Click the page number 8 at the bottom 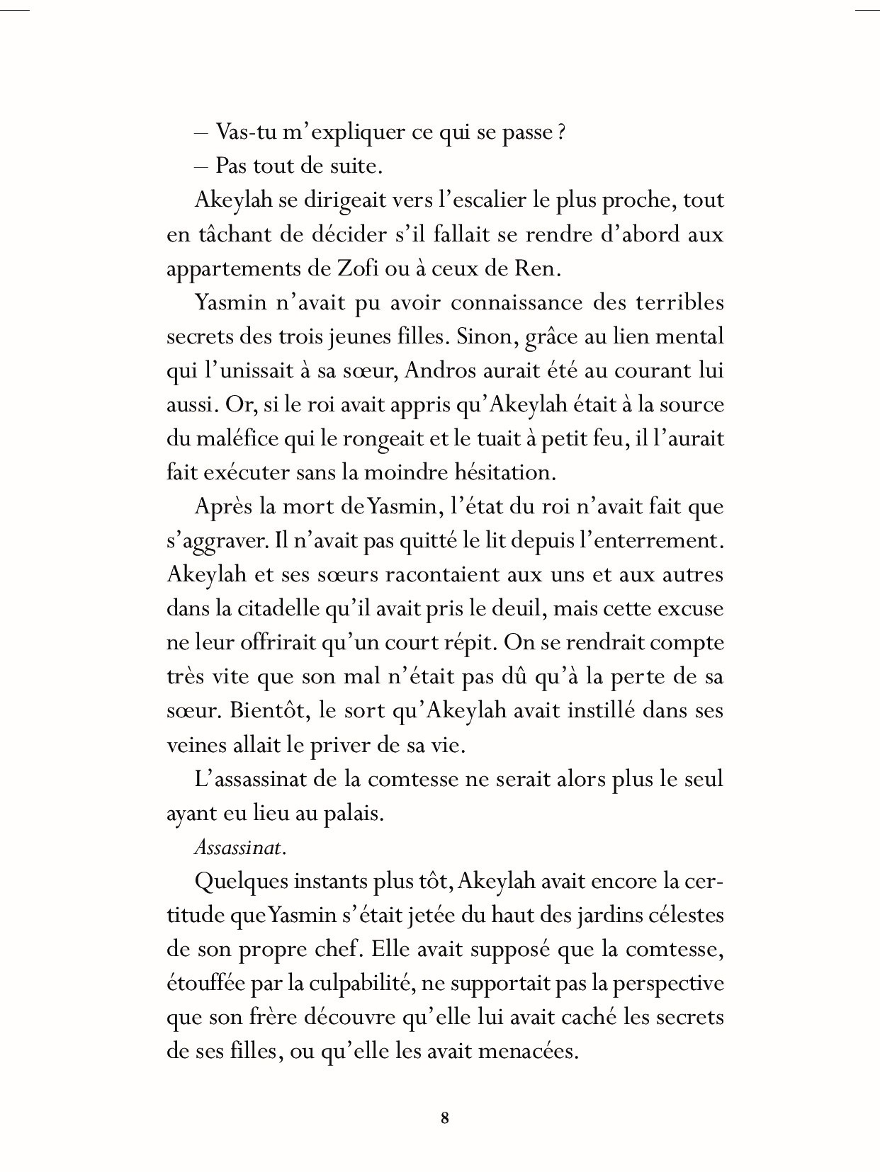[445, 1118]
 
